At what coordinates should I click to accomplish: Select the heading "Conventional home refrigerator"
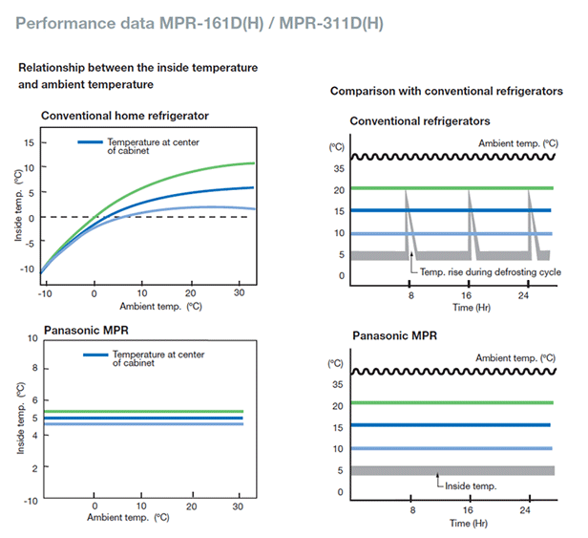click(x=125, y=116)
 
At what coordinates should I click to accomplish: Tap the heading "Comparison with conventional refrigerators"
click(x=444, y=91)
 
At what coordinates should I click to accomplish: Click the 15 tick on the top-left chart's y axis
click(x=29, y=142)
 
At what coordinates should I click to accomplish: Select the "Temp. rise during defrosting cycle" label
click(x=483, y=272)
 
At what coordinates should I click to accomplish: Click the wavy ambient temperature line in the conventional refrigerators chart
click(x=449, y=157)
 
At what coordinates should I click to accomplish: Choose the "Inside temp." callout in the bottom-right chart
click(x=472, y=486)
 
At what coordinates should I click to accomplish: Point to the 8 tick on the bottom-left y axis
click(x=33, y=368)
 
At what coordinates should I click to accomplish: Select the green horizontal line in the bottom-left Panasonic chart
click(x=143, y=411)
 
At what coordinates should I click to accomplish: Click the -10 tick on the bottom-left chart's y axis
click(x=31, y=500)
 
